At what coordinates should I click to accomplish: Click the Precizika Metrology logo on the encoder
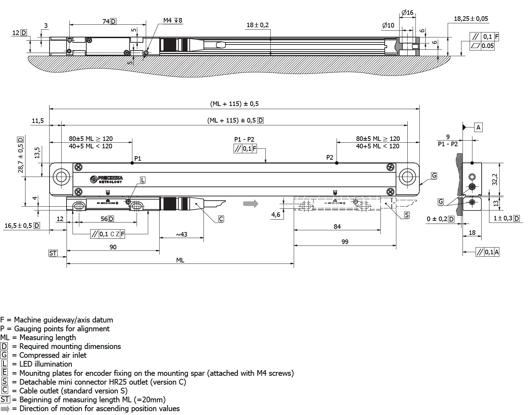[x=107, y=179]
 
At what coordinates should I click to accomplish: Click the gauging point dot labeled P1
[x=132, y=163]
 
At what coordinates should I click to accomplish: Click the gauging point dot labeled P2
[x=337, y=163]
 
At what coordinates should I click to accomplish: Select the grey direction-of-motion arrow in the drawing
[x=251, y=203]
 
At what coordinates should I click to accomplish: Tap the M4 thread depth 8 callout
[x=172, y=20]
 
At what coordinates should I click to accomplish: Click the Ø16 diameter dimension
[x=407, y=13]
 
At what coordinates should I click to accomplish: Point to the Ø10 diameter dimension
[x=388, y=25]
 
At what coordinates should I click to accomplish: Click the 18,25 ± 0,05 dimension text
[x=471, y=19]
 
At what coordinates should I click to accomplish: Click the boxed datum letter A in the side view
[x=478, y=128]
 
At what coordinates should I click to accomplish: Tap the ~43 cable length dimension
[x=181, y=234]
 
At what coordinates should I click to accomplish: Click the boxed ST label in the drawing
[x=53, y=253]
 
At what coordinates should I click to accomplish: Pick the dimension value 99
[x=345, y=242]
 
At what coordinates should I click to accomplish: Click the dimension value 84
[x=337, y=226]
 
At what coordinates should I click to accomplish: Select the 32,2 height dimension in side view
[x=495, y=179]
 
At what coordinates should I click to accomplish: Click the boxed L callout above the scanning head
[x=143, y=180]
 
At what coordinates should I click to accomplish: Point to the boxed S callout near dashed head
[x=407, y=215]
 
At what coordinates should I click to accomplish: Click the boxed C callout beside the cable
[x=221, y=219]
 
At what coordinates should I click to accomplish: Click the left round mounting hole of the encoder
[x=61, y=177]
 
